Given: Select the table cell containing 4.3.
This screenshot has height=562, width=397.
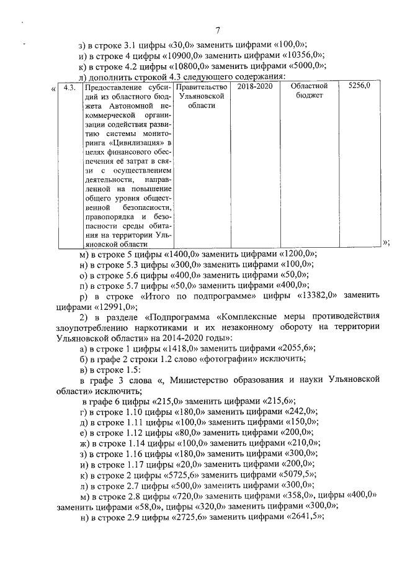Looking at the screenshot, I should tap(69, 87).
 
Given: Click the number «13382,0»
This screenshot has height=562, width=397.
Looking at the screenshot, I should tap(318, 296).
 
